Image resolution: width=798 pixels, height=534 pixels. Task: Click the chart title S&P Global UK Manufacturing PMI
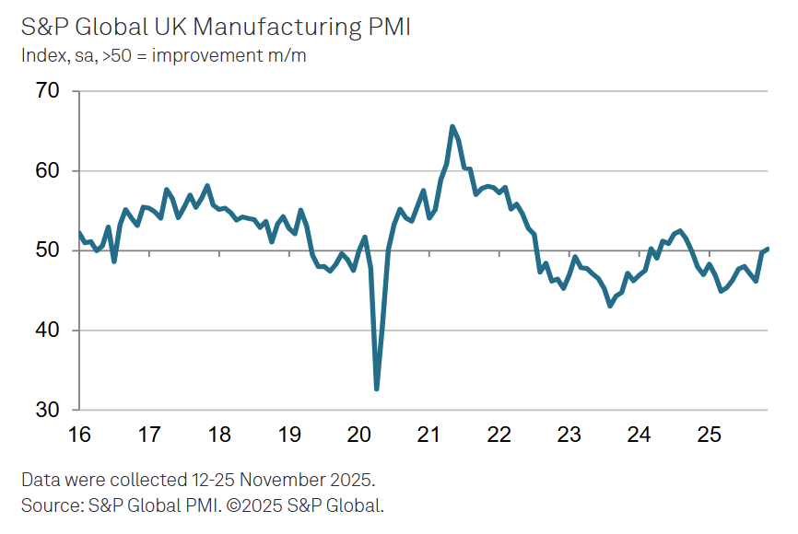point(216,27)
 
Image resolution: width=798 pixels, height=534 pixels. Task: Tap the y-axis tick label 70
point(48,91)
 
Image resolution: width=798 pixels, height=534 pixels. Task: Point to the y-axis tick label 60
point(48,171)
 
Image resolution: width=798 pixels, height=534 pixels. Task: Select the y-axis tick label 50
point(48,250)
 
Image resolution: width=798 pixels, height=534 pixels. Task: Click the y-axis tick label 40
point(48,331)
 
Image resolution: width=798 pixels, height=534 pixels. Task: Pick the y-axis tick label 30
point(48,410)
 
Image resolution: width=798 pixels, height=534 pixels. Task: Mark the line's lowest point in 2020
point(377,389)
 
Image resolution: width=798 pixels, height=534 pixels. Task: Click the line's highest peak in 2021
point(452,127)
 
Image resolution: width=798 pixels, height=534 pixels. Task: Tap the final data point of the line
point(768,249)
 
